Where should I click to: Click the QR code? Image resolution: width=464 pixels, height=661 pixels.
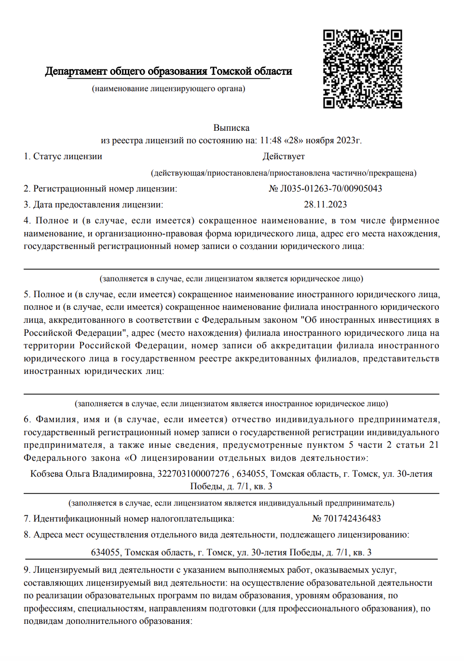click(362, 69)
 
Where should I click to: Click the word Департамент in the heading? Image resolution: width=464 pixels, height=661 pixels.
click(76, 71)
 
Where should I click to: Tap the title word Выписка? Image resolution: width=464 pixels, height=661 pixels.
click(232, 128)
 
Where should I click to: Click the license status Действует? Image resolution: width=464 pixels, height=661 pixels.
click(284, 156)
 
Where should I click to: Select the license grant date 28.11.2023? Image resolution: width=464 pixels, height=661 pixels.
click(325, 205)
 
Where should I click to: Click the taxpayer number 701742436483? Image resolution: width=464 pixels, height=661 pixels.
click(352, 519)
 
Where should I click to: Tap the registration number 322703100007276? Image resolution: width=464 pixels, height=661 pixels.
click(193, 474)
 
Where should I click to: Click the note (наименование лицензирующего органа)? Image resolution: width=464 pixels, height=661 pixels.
click(169, 89)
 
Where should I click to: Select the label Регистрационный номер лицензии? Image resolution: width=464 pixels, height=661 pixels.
click(105, 189)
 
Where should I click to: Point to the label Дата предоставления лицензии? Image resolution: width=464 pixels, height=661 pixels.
click(98, 205)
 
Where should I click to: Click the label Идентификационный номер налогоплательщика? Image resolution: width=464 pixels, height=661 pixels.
click(134, 519)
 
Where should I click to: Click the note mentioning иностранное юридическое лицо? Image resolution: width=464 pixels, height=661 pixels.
click(232, 404)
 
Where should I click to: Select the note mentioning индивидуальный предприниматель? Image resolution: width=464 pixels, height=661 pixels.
click(232, 503)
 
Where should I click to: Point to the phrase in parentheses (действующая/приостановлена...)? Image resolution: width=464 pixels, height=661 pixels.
click(284, 173)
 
